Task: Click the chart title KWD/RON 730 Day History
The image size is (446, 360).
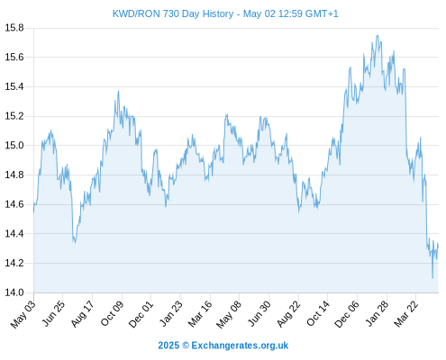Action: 173,13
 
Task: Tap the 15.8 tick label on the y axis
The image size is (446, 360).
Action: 14,28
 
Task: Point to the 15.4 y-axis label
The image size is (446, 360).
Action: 14,86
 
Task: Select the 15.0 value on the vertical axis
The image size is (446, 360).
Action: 14,146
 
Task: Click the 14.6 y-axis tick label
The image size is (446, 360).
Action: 14,204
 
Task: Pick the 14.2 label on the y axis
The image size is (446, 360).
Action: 14,264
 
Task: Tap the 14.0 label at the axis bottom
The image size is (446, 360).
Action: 14,292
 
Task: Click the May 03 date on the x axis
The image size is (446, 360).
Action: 23,314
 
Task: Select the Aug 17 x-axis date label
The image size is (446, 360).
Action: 83,314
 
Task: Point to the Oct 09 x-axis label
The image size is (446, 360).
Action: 112,314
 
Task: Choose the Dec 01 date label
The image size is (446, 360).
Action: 141,314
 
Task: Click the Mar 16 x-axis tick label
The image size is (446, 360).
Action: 200,314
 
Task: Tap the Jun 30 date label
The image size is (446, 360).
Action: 259,314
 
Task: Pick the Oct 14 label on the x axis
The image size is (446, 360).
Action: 318,314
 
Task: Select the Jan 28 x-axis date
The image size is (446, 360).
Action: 377,314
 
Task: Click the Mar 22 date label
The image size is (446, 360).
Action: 406,314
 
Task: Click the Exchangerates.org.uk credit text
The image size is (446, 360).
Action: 240,346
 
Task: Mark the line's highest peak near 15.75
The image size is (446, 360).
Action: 378,35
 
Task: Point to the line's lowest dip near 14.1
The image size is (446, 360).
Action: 432,278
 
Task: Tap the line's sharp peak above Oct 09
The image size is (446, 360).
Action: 118,91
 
